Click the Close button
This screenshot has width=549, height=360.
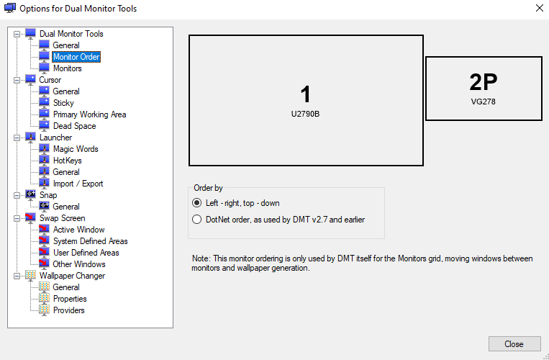pos(514,344)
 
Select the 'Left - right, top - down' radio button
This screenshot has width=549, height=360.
pos(196,203)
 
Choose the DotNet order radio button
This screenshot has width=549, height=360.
pos(196,220)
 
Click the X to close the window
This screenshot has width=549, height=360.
pos(540,8)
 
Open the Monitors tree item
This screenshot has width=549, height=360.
pos(67,68)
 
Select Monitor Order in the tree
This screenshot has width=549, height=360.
pos(76,57)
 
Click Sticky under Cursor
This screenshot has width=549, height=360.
pos(63,103)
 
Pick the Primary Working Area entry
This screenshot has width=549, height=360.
pos(89,114)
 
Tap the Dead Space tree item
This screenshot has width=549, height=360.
pos(74,126)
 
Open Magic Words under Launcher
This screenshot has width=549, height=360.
pos(76,149)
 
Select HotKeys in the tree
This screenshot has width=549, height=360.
pos(67,161)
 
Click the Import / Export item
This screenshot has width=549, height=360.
pos(78,184)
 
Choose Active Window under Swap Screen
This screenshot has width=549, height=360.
pos(78,230)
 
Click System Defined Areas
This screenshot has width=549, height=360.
pos(91,241)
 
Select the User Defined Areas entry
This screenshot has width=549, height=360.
pos(86,253)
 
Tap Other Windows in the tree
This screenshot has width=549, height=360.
pos(79,264)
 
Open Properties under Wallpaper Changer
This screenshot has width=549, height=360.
pos(70,299)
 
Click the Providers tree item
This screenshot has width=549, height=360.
pos(68,310)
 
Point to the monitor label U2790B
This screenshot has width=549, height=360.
pos(305,114)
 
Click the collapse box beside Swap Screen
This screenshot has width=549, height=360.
pos(17,219)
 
